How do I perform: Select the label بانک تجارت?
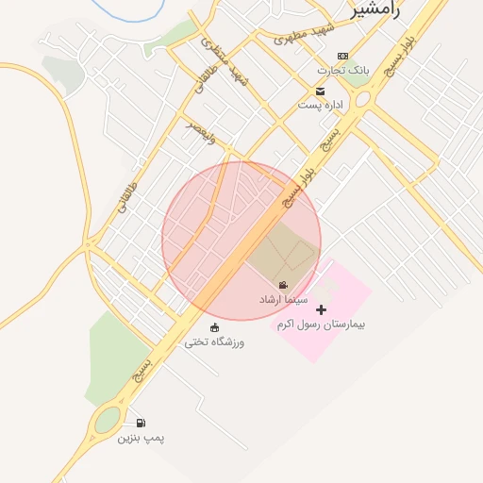(x=344, y=71)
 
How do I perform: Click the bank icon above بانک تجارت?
(x=341, y=57)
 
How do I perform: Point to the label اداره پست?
(x=321, y=105)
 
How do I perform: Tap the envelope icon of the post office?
(x=321, y=92)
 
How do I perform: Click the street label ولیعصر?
(x=201, y=130)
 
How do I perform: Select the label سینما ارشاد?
(x=282, y=299)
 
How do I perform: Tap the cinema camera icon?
(x=282, y=285)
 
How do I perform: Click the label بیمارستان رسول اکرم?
(x=321, y=324)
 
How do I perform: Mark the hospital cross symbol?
(x=321, y=309)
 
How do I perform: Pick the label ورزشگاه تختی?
(x=214, y=341)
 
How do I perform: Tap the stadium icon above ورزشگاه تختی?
(x=214, y=327)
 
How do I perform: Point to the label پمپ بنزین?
(x=141, y=439)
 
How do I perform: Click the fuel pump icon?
(x=141, y=424)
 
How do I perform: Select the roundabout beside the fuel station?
(x=107, y=420)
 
